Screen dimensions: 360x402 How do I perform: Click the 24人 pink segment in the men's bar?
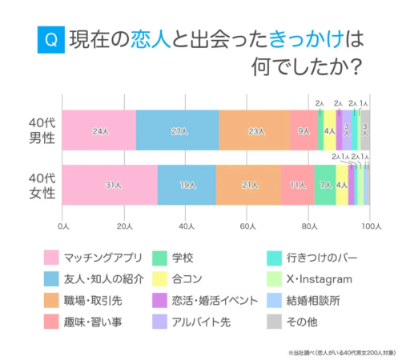[x=99, y=130]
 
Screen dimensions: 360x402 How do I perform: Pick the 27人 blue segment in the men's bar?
[x=177, y=130]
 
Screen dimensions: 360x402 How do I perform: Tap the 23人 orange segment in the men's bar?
[x=255, y=130]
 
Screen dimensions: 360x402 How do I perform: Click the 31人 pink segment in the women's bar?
[x=110, y=185]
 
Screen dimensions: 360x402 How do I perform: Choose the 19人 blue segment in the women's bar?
[x=187, y=185]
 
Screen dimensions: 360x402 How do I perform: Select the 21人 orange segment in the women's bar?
[x=248, y=185]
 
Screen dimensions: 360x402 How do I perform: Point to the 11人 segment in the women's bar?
[x=297, y=185]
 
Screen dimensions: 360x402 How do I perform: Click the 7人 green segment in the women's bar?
[x=324, y=185]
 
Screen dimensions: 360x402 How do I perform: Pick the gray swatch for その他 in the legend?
[x=273, y=322]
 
